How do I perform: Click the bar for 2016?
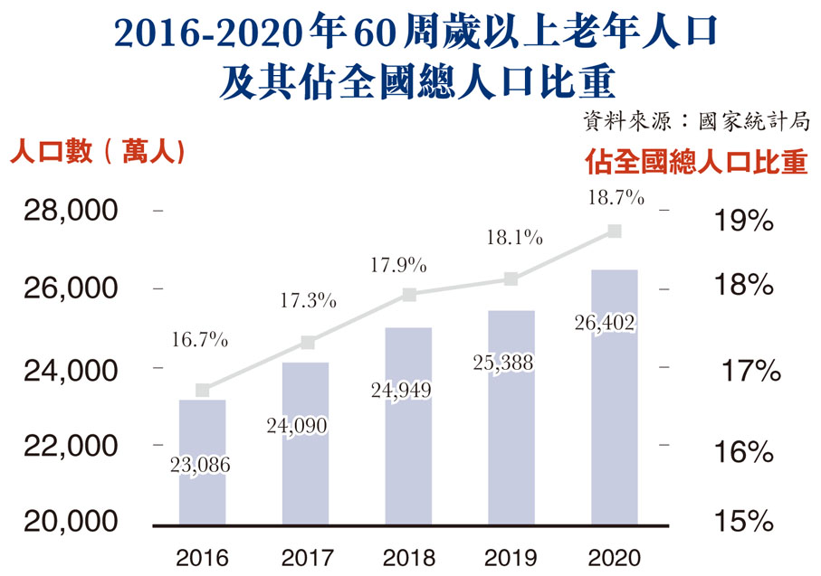[x=202, y=461]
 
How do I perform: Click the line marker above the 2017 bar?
[x=307, y=343]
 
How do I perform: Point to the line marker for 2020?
[x=614, y=231]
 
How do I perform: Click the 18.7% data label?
[x=614, y=197]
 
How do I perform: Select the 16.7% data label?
[x=199, y=342]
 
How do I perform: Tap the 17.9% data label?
[x=398, y=266]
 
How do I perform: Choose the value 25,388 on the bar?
[x=503, y=363]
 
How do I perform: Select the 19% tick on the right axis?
[x=742, y=220]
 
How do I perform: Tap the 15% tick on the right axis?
[x=742, y=522]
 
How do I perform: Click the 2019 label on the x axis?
[x=511, y=555]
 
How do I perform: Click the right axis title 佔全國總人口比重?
[x=695, y=162]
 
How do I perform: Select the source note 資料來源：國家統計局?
[x=695, y=122]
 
